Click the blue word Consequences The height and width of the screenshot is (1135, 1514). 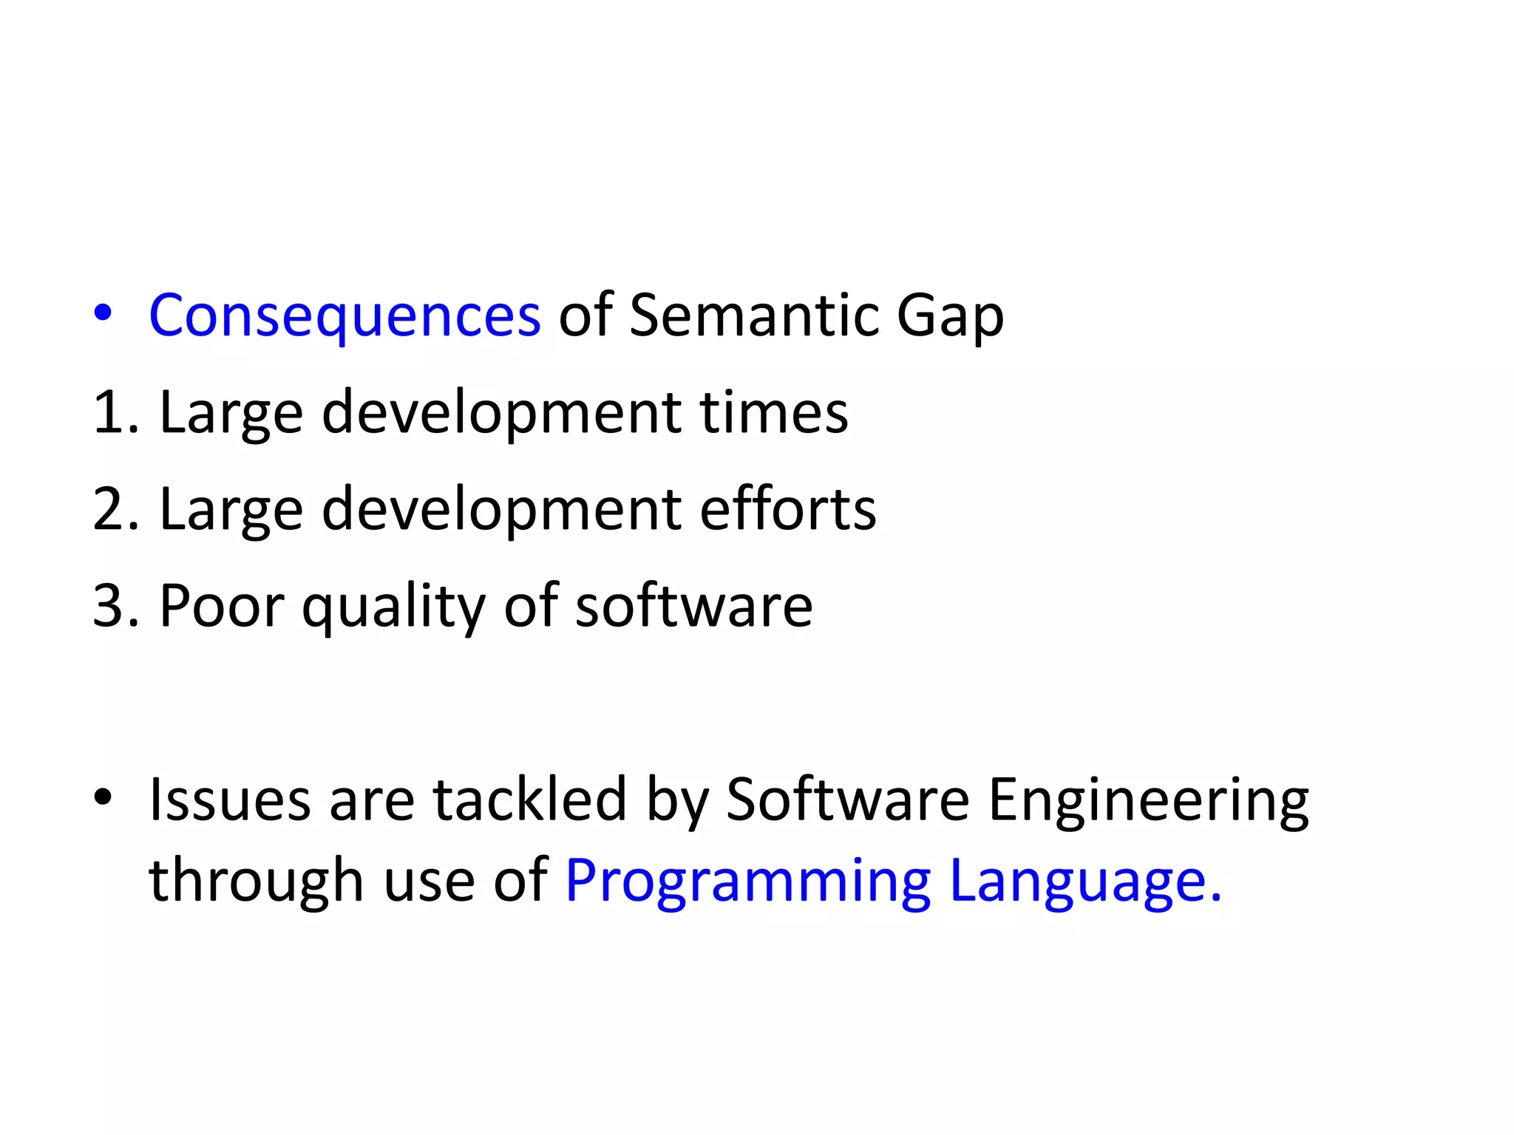point(344,316)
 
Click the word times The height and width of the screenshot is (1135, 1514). point(774,412)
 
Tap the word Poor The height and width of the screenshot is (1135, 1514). point(221,606)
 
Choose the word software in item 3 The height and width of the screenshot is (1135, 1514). point(693,606)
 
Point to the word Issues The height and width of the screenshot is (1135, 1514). point(230,800)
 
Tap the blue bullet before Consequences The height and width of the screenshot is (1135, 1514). point(103,314)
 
